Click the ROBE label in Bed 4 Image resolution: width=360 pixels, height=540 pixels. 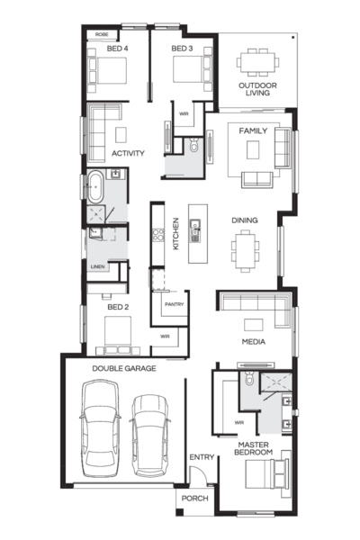(102, 34)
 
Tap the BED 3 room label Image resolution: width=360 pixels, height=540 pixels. (182, 49)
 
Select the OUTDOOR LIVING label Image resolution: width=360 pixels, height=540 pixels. (257, 89)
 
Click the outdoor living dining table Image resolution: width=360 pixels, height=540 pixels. (257, 62)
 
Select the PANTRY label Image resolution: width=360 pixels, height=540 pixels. (174, 304)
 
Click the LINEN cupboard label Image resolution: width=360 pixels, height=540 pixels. (98, 266)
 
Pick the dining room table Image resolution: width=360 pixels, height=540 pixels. (245, 251)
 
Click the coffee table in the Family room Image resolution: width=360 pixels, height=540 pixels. (253, 149)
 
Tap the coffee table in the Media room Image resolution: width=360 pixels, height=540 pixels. (254, 325)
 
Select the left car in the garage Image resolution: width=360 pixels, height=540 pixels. (100, 428)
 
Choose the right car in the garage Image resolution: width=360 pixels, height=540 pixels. (150, 436)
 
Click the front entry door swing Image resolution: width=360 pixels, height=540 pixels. (199, 475)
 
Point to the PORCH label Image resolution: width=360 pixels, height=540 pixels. (195, 499)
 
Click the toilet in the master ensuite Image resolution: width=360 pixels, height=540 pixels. (249, 379)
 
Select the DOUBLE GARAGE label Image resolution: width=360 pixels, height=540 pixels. (124, 368)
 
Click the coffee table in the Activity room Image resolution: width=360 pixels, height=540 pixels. (121, 135)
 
